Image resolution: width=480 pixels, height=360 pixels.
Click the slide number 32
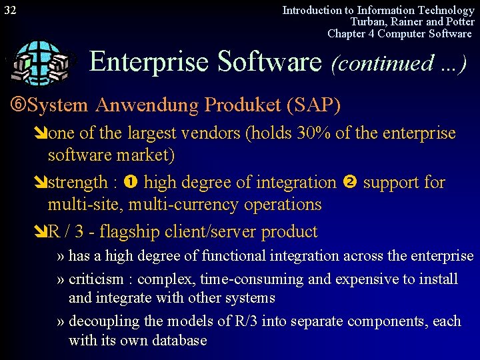pyautogui.click(x=11, y=10)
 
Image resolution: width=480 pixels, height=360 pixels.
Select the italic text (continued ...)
pyautogui.click(x=398, y=63)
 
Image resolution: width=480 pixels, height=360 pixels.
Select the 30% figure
pyautogui.click(x=311, y=133)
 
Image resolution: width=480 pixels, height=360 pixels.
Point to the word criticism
pyautogui.click(x=95, y=279)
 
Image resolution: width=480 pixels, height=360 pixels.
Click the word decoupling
pyautogui.click(x=104, y=321)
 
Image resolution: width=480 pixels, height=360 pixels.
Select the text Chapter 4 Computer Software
pyautogui.click(x=399, y=33)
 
